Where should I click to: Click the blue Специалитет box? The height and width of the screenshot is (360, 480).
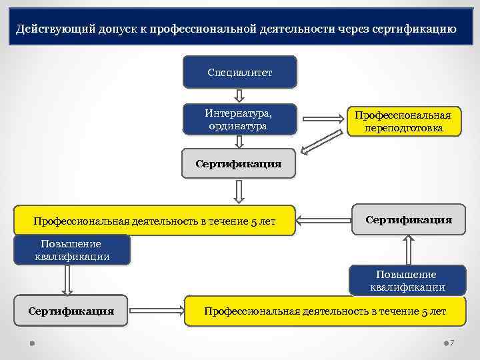(x=239, y=71)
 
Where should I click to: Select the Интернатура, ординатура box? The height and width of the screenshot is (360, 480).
(x=239, y=119)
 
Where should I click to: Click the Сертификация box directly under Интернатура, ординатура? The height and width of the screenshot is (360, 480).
(x=238, y=163)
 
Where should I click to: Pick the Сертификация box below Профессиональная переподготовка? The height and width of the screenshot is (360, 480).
(x=408, y=219)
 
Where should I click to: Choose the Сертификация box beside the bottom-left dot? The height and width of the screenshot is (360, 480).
(x=71, y=311)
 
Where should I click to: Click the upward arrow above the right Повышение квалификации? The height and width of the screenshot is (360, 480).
(x=407, y=250)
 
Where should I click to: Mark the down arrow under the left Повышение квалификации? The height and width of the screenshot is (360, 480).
(x=66, y=280)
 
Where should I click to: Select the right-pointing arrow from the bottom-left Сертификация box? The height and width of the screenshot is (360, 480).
(x=156, y=311)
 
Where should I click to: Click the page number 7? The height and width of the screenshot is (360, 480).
(x=453, y=343)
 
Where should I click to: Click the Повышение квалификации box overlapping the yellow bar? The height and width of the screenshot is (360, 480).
(x=72, y=250)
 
